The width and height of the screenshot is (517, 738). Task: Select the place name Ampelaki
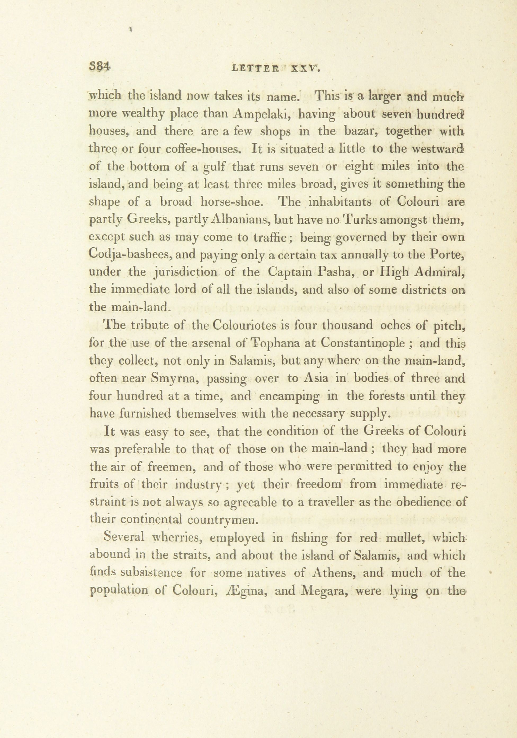(263, 114)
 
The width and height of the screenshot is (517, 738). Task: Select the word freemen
(172, 467)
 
